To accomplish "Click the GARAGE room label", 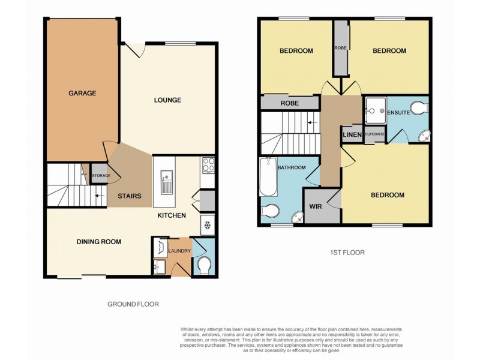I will click(82, 94).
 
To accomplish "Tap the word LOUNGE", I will click(167, 100).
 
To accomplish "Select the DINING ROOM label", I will click(99, 242).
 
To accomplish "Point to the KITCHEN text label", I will click(172, 215).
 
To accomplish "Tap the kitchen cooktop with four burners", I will click(208, 164).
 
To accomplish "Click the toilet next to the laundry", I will click(203, 264).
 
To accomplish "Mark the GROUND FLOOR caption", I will click(133, 304).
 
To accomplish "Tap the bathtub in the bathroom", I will click(268, 177).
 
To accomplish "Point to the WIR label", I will click(315, 206).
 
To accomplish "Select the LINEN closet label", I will click(352, 135).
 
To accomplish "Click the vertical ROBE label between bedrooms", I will click(340, 48).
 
